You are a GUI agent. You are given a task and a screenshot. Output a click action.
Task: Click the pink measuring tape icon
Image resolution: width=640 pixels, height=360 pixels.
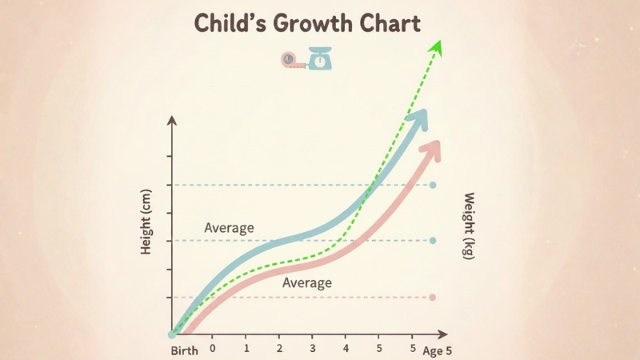pyautogui.click(x=293, y=60)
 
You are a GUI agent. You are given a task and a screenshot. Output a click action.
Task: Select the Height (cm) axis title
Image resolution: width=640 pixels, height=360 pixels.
pyautogui.click(x=146, y=227)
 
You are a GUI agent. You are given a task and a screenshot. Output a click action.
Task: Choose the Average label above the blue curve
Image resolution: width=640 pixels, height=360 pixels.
pyautogui.click(x=229, y=228)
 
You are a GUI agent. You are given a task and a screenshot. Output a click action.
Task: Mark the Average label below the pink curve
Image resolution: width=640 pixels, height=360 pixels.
pyautogui.click(x=307, y=283)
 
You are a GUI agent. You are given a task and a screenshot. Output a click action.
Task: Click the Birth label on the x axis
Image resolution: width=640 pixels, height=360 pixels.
pyautogui.click(x=184, y=351)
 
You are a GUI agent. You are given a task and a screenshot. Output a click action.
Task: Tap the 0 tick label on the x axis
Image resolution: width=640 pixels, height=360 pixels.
pyautogui.click(x=213, y=349)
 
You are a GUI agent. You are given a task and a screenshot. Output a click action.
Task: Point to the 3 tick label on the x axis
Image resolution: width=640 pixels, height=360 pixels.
pyautogui.click(x=313, y=349)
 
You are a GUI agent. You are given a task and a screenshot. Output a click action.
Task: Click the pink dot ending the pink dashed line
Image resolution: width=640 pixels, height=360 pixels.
pyautogui.click(x=433, y=298)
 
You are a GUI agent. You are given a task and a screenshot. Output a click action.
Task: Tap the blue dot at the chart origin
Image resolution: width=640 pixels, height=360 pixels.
pyautogui.click(x=172, y=334)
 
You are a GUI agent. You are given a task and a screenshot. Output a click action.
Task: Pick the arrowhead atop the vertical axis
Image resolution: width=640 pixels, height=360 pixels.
pyautogui.click(x=170, y=120)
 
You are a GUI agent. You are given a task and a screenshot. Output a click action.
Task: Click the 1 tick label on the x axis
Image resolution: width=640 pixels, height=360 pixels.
pyautogui.click(x=246, y=349)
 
